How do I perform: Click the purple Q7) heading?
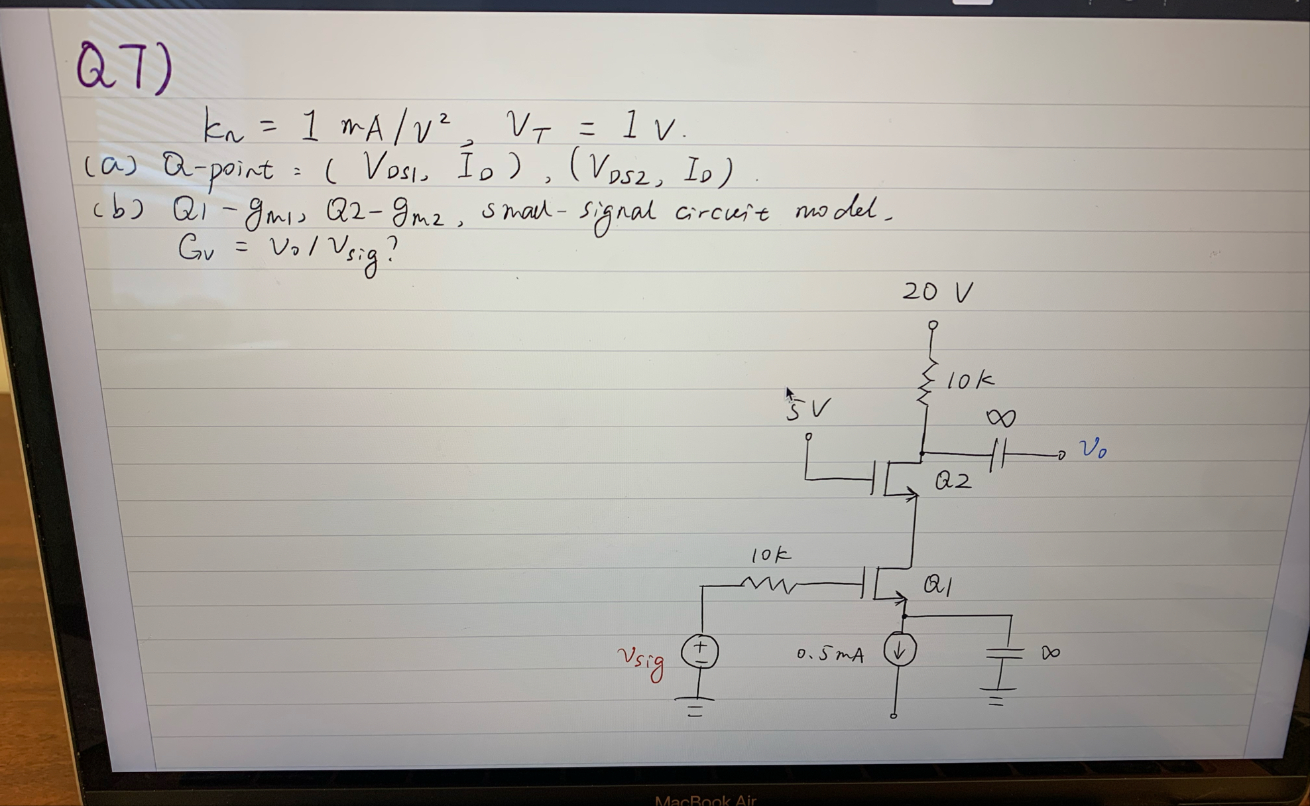tap(124, 66)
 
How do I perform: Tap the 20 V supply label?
tap(937, 292)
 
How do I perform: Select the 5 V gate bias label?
tap(807, 409)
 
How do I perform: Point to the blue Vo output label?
tap(1093, 450)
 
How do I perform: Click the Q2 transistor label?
tap(953, 480)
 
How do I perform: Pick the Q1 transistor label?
tap(938, 584)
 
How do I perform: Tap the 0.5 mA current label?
tap(830, 655)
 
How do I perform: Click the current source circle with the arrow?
tap(899, 650)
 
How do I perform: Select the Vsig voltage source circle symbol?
tap(700, 651)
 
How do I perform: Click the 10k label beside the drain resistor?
tap(970, 380)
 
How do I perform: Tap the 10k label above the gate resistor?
tap(770, 555)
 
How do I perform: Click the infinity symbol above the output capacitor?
tap(1000, 417)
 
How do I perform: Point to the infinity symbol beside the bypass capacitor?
tap(1050, 653)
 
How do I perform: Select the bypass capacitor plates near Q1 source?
tap(1004, 653)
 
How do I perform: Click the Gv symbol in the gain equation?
tap(196, 249)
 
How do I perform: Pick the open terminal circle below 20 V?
tap(933, 325)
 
